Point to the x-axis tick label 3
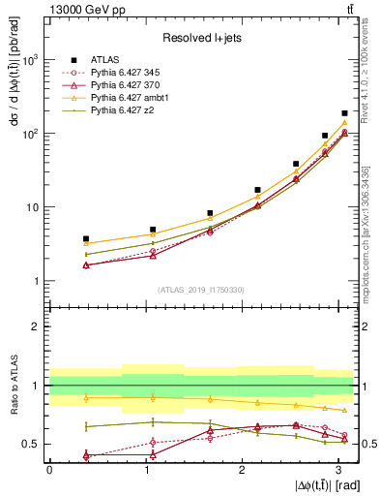coord(337,470)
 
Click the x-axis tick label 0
coord(49,470)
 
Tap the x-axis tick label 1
coord(145,470)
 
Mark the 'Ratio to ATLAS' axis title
coord(14,386)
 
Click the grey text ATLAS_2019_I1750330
coord(199,290)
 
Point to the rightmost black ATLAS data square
coord(344,113)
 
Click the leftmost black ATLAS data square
coord(86,238)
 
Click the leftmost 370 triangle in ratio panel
coord(86,455)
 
